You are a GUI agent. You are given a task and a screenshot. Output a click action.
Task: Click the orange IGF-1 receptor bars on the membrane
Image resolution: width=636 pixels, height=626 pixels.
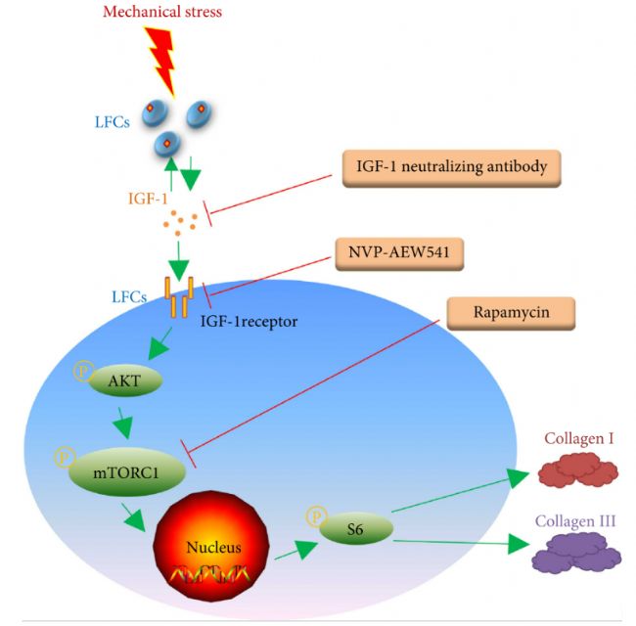[x=178, y=295]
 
